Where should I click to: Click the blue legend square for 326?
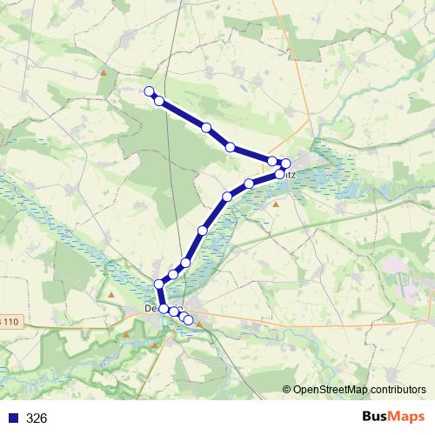pyautogui.click(x=13, y=418)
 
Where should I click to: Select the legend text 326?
pyautogui.click(x=37, y=418)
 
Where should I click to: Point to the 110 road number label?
pyautogui.click(x=10, y=322)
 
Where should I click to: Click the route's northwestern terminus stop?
pyautogui.click(x=149, y=91)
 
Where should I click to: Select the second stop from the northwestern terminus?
pyautogui.click(x=159, y=101)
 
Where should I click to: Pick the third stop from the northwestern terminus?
pyautogui.click(x=206, y=128)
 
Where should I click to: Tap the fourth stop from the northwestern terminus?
pyautogui.click(x=231, y=148)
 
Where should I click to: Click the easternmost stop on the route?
pyautogui.click(x=285, y=164)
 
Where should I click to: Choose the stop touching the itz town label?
pyautogui.click(x=279, y=174)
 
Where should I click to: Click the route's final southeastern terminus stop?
pyautogui.click(x=189, y=321)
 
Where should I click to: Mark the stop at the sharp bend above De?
pyautogui.click(x=159, y=284)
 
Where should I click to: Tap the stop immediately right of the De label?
pyautogui.click(x=164, y=309)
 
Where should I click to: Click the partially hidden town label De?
pyautogui.click(x=151, y=309)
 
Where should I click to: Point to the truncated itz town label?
pyautogui.click(x=291, y=174)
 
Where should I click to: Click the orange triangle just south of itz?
pyautogui.click(x=276, y=204)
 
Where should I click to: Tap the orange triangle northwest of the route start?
pyautogui.click(x=104, y=73)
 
